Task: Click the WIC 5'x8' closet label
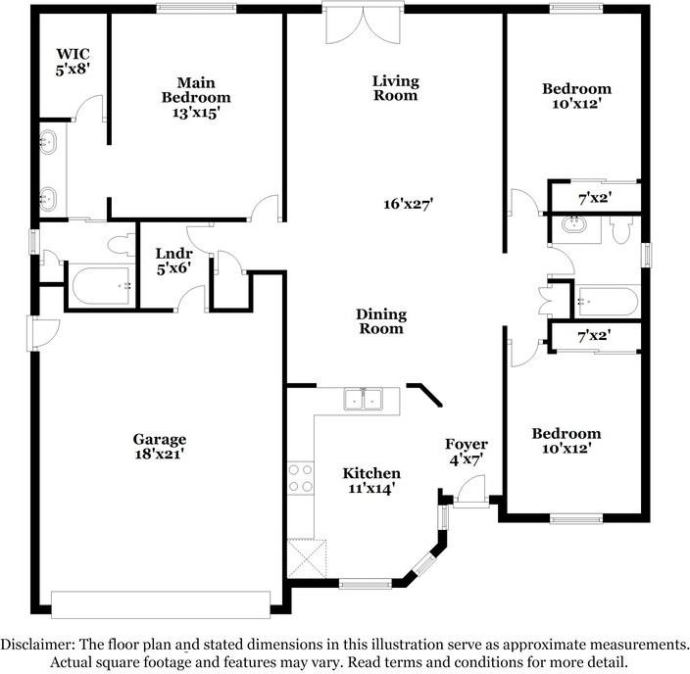pyautogui.click(x=74, y=62)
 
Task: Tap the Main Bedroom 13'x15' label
pyautogui.click(x=196, y=98)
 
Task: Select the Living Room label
pyautogui.click(x=396, y=88)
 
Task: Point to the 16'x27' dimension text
pyautogui.click(x=409, y=204)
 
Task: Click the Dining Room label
pyautogui.click(x=381, y=321)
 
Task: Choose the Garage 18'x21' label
pyautogui.click(x=160, y=446)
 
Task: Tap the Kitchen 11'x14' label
pyautogui.click(x=371, y=480)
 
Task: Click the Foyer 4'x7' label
pyautogui.click(x=466, y=452)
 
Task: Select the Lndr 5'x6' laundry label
pyautogui.click(x=173, y=261)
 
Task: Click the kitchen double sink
pyautogui.click(x=363, y=399)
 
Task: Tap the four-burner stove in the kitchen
pyautogui.click(x=301, y=478)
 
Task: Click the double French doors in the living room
pyautogui.click(x=363, y=25)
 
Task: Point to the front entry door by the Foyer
pyautogui.click(x=470, y=492)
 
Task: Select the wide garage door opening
pyautogui.click(x=161, y=604)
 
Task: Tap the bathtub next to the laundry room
pyautogui.click(x=101, y=285)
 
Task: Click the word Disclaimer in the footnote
pyautogui.click(x=37, y=645)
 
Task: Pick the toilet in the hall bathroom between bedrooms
pyautogui.click(x=621, y=229)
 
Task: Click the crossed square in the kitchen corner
pyautogui.click(x=307, y=558)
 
